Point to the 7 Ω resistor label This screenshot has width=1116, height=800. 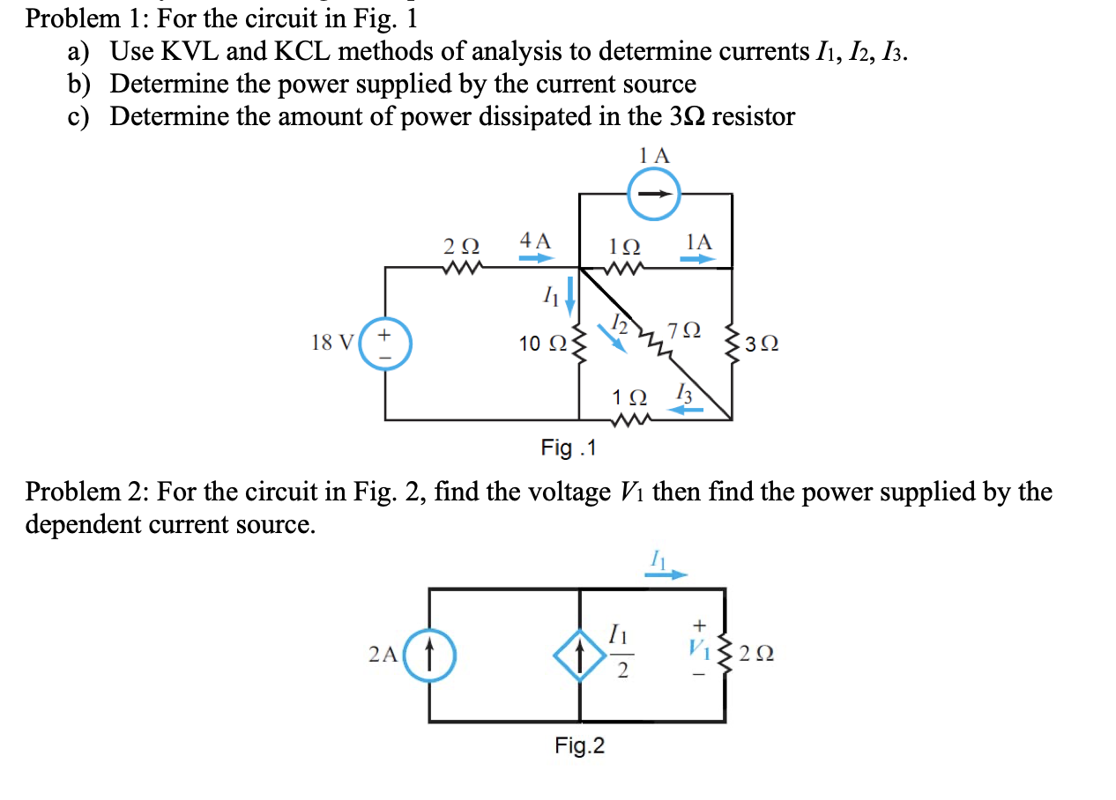coord(685,332)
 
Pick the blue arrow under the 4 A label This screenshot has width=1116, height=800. coord(535,259)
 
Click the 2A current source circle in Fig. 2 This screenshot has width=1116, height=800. coord(430,655)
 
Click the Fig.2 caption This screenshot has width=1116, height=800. coord(579,746)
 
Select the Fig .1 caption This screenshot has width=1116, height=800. coord(569,448)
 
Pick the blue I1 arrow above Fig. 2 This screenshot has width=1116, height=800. coord(666,574)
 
